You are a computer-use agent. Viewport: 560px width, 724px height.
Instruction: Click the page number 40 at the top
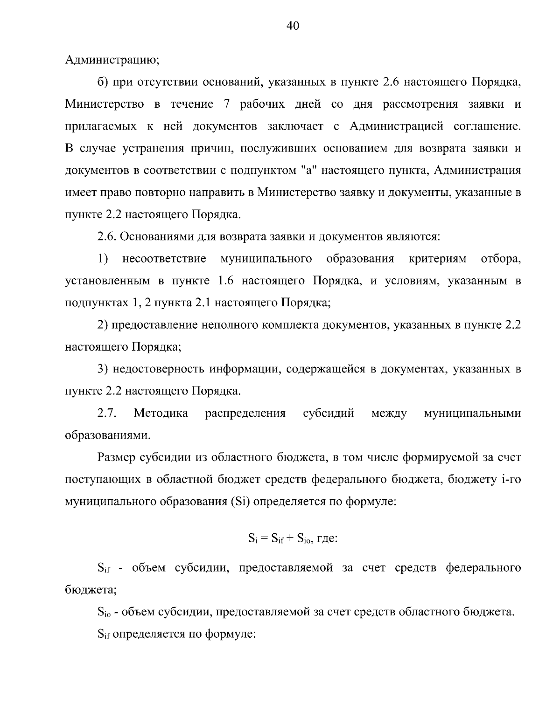(x=292, y=26)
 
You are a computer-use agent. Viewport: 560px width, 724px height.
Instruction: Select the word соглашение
(x=487, y=126)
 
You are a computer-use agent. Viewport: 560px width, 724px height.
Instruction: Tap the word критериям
(x=437, y=259)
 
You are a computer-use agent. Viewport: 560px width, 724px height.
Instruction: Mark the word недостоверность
(x=156, y=369)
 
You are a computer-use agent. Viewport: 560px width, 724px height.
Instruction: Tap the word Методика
(x=161, y=414)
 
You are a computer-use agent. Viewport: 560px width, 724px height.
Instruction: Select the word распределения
(x=245, y=414)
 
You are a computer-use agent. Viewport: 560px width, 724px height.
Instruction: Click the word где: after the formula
(x=327, y=539)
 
